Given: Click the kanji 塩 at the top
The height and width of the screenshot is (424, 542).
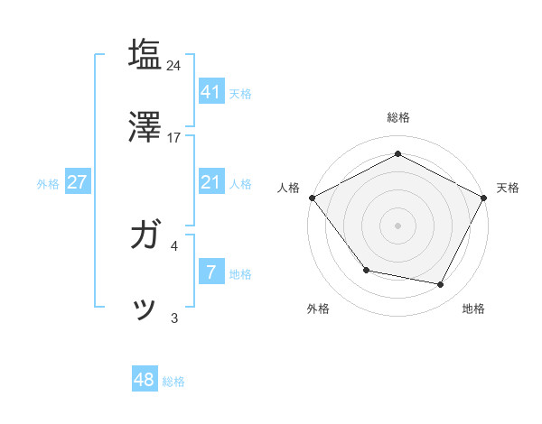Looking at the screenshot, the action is click(x=145, y=54).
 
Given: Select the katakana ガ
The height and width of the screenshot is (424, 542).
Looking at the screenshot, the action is click(x=145, y=236).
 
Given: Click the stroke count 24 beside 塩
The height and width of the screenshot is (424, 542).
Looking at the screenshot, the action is click(x=174, y=66).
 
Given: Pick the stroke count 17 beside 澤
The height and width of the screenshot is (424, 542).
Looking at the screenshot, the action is click(x=174, y=138).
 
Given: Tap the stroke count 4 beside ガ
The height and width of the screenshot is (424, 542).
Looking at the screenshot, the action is click(x=174, y=244).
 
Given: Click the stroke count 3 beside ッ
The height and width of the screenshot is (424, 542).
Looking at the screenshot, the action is click(x=174, y=318).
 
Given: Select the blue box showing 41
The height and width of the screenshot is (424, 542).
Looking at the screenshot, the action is click(x=210, y=91).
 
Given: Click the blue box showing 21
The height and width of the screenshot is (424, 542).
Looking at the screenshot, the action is click(x=210, y=182).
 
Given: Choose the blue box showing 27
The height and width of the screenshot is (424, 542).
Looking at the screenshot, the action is click(x=77, y=182).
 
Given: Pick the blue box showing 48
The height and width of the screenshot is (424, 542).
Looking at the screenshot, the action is click(x=145, y=380).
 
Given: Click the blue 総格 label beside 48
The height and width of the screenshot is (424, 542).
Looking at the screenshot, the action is click(x=173, y=382).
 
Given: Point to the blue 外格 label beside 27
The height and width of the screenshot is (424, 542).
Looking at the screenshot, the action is click(x=48, y=184).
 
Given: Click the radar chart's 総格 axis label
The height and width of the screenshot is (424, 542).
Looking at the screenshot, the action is click(x=397, y=117).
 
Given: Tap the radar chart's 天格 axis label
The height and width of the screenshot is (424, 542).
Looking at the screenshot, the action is click(x=508, y=188).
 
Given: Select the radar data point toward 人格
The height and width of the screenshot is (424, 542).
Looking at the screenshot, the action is click(x=312, y=198).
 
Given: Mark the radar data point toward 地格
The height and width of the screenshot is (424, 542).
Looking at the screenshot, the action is click(x=440, y=284).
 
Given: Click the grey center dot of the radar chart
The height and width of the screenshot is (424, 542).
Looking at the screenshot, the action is click(x=397, y=225).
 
